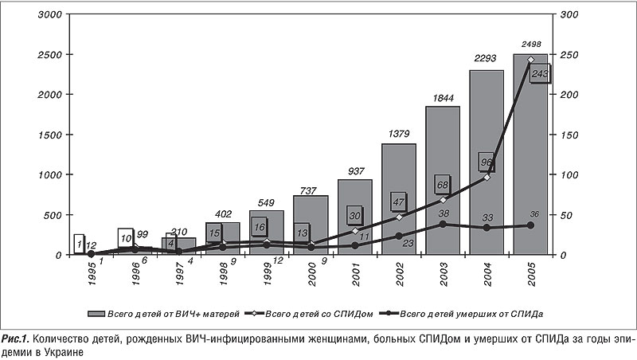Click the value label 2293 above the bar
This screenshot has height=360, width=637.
click(486, 57)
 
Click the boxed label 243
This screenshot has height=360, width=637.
click(539, 74)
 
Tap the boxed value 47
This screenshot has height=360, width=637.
click(399, 202)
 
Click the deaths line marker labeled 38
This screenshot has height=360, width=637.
click(443, 224)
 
